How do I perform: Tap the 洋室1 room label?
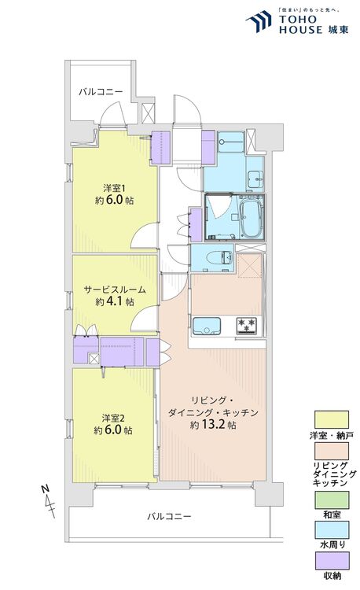pyautogui.click(x=111, y=187)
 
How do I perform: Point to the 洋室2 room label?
pyautogui.click(x=111, y=418)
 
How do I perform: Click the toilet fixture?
pyautogui.click(x=222, y=256)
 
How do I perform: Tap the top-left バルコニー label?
pyautogui.click(x=101, y=93)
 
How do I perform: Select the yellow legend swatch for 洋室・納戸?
pyautogui.click(x=333, y=419)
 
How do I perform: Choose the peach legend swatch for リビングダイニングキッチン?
pyautogui.click(x=333, y=451)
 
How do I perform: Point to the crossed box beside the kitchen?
pyautogui.click(x=249, y=267)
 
